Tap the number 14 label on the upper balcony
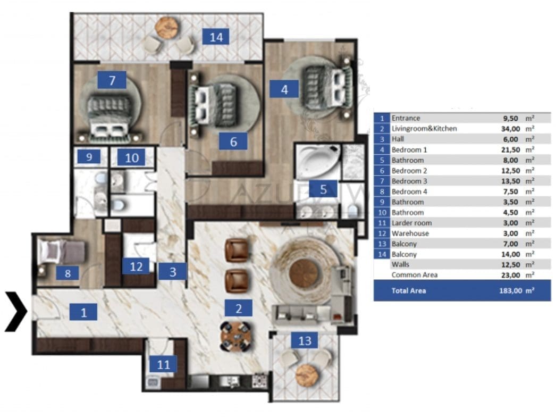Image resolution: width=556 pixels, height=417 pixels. point(216,37)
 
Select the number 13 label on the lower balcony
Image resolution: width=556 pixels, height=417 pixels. point(305,340)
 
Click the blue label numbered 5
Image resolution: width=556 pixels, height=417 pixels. point(323,189)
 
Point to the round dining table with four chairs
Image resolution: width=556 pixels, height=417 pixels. point(235,336)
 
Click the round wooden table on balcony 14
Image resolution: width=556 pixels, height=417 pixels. point(167,27)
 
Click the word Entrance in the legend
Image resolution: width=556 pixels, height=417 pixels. point(406,118)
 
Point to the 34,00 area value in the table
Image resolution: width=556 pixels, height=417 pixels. point(510,129)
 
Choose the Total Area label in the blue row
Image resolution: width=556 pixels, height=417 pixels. point(408,290)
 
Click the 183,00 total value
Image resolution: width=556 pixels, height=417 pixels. point(511,290)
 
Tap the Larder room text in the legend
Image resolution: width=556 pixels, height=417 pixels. point(411,223)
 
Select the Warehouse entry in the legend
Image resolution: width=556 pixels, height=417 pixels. point(410,233)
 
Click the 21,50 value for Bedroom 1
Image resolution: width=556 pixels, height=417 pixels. point(510,150)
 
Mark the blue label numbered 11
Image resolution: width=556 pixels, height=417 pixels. point(163,364)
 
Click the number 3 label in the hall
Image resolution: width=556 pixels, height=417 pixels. point(172,271)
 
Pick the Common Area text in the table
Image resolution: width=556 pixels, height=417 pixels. point(414,275)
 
